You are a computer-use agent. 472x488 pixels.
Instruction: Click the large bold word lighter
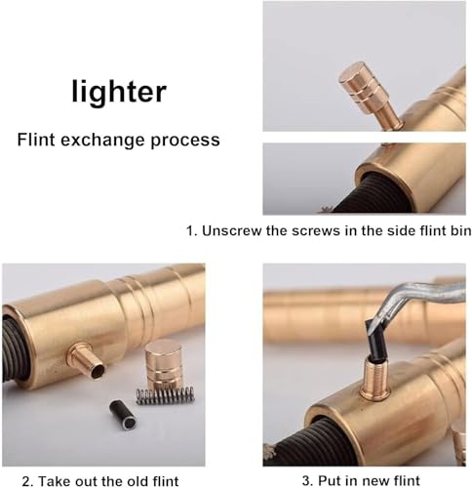[x=119, y=92]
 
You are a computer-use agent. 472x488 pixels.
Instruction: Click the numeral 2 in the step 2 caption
[x=26, y=481]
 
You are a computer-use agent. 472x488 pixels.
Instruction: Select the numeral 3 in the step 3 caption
[x=305, y=480]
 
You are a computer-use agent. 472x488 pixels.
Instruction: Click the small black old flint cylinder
[x=123, y=415]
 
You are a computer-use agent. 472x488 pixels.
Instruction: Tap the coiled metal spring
[x=165, y=396]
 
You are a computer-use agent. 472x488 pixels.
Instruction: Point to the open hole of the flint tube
[x=98, y=371]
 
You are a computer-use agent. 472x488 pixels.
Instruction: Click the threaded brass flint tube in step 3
[x=374, y=378]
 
